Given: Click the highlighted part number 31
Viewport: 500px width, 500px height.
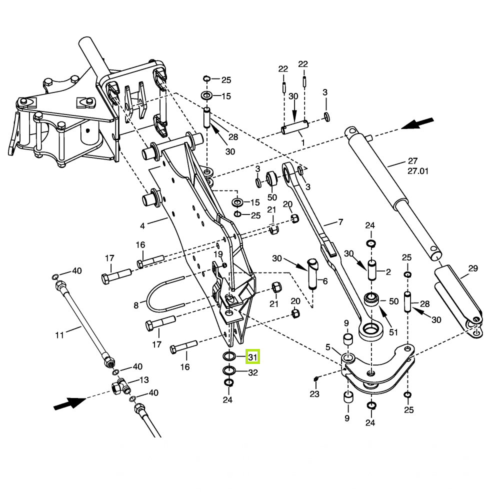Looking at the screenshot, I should click(252, 357).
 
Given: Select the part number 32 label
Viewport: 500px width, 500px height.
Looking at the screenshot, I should click(252, 372).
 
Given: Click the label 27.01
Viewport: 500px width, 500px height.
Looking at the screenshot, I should click(418, 170).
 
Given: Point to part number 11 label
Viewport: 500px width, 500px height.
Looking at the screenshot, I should click(59, 335).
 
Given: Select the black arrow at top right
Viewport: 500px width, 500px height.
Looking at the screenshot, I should click(418, 122).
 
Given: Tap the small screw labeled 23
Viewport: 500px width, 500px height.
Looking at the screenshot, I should click(316, 377).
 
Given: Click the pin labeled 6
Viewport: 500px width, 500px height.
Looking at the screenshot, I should click(313, 273).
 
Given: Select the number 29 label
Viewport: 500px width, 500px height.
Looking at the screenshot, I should click(472, 268).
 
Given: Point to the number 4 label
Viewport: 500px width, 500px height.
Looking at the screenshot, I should click(142, 225).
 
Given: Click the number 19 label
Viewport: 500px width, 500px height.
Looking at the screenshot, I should click(218, 254).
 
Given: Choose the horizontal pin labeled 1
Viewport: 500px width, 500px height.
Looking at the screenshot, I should click(293, 129).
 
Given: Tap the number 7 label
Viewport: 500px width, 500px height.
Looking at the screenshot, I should click(340, 222).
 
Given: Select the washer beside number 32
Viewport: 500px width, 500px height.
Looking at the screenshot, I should click(229, 371).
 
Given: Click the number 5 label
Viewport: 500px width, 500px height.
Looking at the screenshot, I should click(328, 347).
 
